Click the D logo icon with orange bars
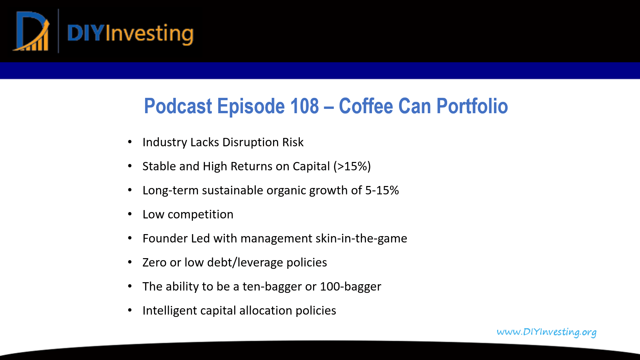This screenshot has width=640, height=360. pos(31,32)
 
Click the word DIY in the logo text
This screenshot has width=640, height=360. pos(86,33)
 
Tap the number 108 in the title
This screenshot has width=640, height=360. pos(304,106)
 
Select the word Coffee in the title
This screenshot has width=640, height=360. pos(366,106)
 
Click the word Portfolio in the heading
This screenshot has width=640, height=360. pos(472,106)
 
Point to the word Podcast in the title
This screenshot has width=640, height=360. pos(178,106)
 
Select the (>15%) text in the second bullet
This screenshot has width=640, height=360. pos(352,166)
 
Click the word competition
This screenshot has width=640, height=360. pos(200,214)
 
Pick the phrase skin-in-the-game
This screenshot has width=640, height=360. pos(361,238)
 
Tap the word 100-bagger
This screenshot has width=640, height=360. pos(350,287)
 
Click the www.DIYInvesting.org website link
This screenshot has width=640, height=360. pos(546,332)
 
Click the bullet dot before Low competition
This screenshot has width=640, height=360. pos(130,214)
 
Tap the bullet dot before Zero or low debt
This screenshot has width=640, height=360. pos(130,262)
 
